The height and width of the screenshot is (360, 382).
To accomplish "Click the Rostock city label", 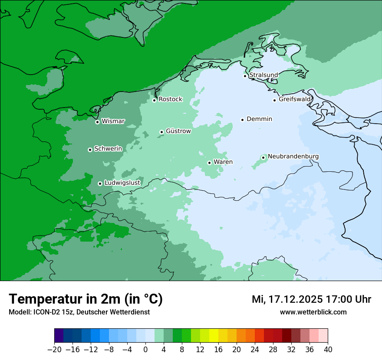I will (170, 99).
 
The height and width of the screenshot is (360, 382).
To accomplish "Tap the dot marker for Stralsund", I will (245, 76).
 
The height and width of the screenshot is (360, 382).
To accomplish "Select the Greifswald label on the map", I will (295, 99).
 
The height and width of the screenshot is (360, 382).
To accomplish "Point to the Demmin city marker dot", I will (242, 120).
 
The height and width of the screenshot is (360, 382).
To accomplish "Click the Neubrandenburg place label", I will (293, 157).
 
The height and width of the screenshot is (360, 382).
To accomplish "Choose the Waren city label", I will (223, 162).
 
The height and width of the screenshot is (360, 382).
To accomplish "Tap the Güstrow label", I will (178, 131).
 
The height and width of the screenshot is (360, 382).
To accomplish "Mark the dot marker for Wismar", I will (97, 122).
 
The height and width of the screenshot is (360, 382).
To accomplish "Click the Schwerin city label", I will (108, 149).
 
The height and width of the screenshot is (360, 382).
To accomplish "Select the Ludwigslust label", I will (122, 183).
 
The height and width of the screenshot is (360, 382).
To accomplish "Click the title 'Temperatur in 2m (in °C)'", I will (86, 299).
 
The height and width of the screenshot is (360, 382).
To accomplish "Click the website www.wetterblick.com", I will (313, 312).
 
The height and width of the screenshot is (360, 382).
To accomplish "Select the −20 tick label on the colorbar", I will (54, 350).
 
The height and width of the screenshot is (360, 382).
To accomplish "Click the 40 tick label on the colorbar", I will (328, 350).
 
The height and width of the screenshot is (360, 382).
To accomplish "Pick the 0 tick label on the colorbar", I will (145, 350).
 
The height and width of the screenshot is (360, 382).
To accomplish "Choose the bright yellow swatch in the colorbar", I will (214, 336).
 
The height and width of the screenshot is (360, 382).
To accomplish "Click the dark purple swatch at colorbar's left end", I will (59, 336).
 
